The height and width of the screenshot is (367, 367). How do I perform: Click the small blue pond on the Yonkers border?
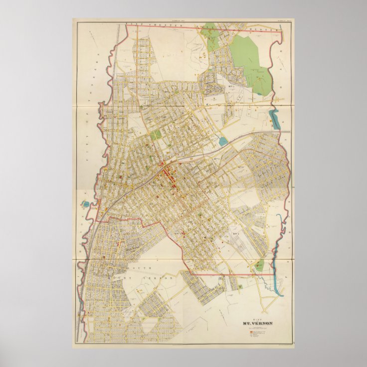pos(86,204)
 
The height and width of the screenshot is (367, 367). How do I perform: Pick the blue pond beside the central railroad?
pos(222,141)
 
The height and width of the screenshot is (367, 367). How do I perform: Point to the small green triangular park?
pos(259,265)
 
